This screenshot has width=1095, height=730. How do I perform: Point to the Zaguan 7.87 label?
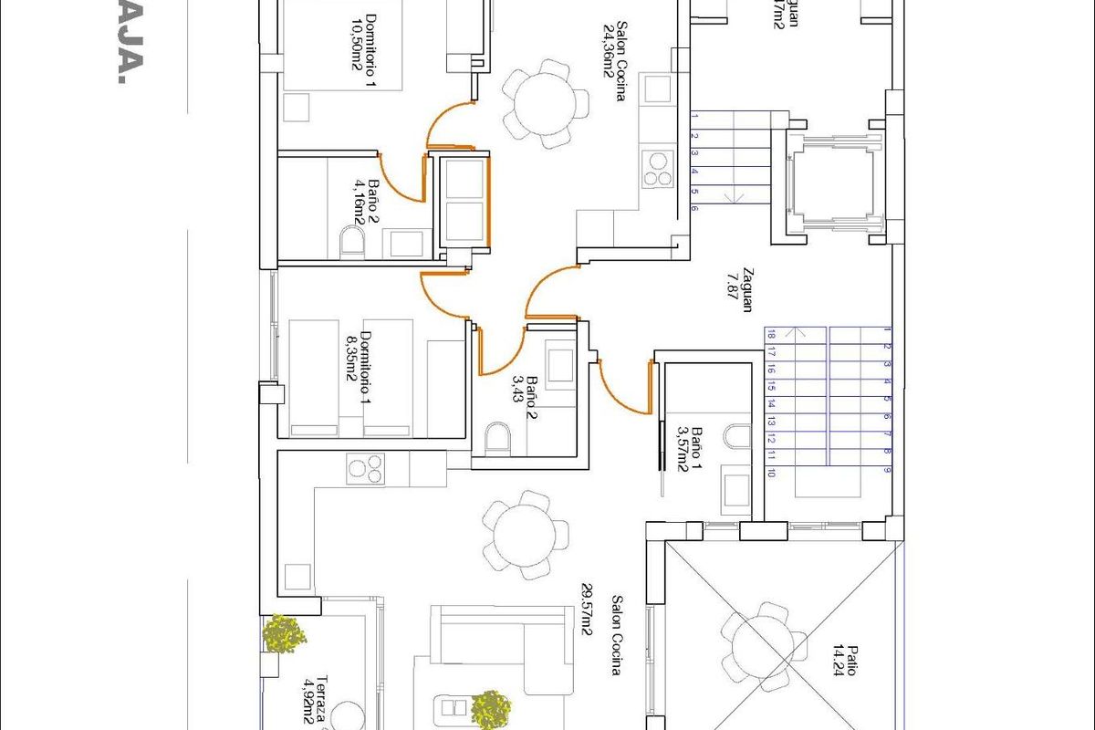click(738, 289)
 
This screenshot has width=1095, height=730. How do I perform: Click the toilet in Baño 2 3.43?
click(498, 439)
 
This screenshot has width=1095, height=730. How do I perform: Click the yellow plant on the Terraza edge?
click(284, 633)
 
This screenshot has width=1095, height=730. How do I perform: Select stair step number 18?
click(771, 334)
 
